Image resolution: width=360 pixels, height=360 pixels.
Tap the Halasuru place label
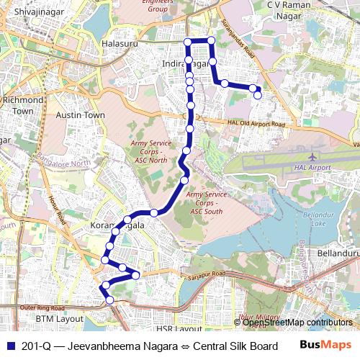point(120,44)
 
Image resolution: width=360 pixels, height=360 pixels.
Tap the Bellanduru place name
point(336,253)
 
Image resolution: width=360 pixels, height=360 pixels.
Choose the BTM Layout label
point(60,318)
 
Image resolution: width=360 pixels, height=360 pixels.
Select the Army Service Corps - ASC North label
point(149,151)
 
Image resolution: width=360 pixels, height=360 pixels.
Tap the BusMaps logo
point(325,345)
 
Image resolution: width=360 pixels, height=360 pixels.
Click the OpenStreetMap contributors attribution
point(297,323)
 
